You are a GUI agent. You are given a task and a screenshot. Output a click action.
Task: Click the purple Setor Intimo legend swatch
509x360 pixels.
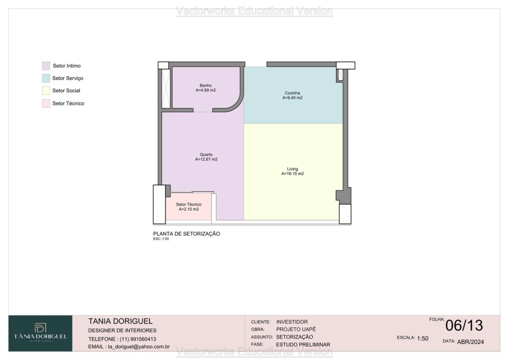tap(46, 66)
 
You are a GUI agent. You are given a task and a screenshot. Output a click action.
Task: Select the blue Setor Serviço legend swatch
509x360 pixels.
tap(46, 78)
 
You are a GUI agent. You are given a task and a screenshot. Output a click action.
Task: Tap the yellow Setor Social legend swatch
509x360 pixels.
tap(46, 90)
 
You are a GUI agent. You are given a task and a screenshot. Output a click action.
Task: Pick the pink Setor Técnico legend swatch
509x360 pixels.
tap(46, 103)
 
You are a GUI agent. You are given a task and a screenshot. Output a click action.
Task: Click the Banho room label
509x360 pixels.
tap(206, 86)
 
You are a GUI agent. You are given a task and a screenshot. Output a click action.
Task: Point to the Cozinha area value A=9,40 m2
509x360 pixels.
tap(292, 98)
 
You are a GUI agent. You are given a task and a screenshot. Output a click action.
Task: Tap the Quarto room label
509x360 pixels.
tap(206, 155)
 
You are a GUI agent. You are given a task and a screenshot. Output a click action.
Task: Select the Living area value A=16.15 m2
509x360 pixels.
tap(292, 174)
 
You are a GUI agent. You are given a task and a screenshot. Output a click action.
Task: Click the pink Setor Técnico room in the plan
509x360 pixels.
tap(188, 207)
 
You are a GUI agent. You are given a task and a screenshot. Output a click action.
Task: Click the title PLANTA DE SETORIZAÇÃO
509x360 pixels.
tap(187, 234)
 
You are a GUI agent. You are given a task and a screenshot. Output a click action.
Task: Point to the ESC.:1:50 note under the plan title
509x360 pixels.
tap(161, 239)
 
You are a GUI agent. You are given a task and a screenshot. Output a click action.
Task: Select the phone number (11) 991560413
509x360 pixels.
tap(138, 339)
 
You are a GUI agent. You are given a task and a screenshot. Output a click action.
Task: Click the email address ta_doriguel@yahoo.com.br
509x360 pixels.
tap(139, 347)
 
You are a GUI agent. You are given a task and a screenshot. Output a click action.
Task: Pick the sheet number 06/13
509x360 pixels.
tap(464, 326)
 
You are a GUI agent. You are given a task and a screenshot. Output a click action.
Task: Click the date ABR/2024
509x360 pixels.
tap(470, 342)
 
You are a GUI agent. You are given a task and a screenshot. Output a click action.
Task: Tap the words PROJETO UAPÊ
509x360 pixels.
tap(296, 329)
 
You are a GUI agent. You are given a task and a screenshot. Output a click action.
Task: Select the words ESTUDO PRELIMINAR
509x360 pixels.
tap(303, 345)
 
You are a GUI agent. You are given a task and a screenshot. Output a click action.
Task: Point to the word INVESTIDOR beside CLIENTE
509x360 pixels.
tap(292, 322)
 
